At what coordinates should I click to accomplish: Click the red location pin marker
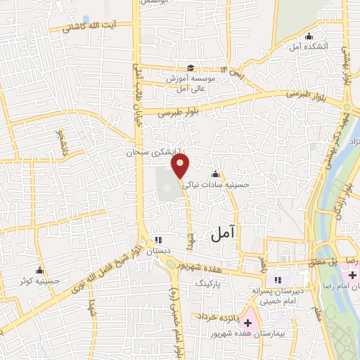pos(181,166)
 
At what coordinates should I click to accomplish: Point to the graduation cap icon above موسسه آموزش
pos(190,68)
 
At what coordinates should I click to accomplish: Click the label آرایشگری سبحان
pos(153,151)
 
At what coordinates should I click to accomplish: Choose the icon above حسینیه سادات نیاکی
pos(214,174)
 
